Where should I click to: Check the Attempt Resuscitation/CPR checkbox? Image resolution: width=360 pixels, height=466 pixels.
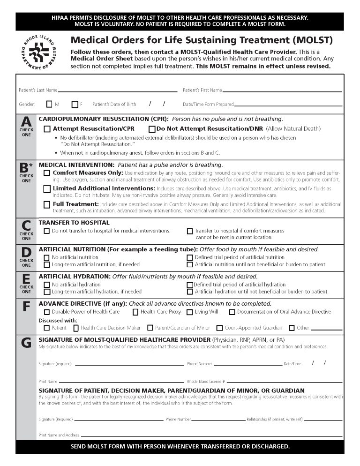click(x=47, y=128)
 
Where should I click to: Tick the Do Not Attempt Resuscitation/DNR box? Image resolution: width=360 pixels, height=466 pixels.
click(x=152, y=128)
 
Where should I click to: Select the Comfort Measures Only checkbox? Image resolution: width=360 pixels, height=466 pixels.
click(x=47, y=173)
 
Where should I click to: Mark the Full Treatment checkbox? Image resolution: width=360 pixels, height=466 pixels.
click(x=47, y=204)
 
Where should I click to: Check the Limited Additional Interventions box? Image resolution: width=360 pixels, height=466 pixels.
click(x=47, y=188)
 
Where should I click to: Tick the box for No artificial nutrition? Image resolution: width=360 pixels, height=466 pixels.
click(x=46, y=257)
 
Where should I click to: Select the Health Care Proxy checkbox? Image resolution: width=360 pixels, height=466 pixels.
click(x=135, y=312)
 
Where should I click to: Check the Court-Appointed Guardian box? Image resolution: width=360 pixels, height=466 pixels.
click(x=219, y=328)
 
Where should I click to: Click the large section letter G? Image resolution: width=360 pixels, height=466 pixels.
click(x=26, y=343)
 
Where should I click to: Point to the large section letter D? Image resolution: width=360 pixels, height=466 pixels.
click(x=26, y=252)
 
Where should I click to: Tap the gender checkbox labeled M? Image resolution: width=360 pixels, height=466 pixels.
click(x=49, y=104)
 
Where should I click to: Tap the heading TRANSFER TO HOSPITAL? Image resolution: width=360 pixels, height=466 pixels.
click(x=74, y=223)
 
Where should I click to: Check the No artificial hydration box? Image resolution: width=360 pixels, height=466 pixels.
click(x=46, y=285)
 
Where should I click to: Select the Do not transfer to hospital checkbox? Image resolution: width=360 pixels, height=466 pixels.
click(x=46, y=231)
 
